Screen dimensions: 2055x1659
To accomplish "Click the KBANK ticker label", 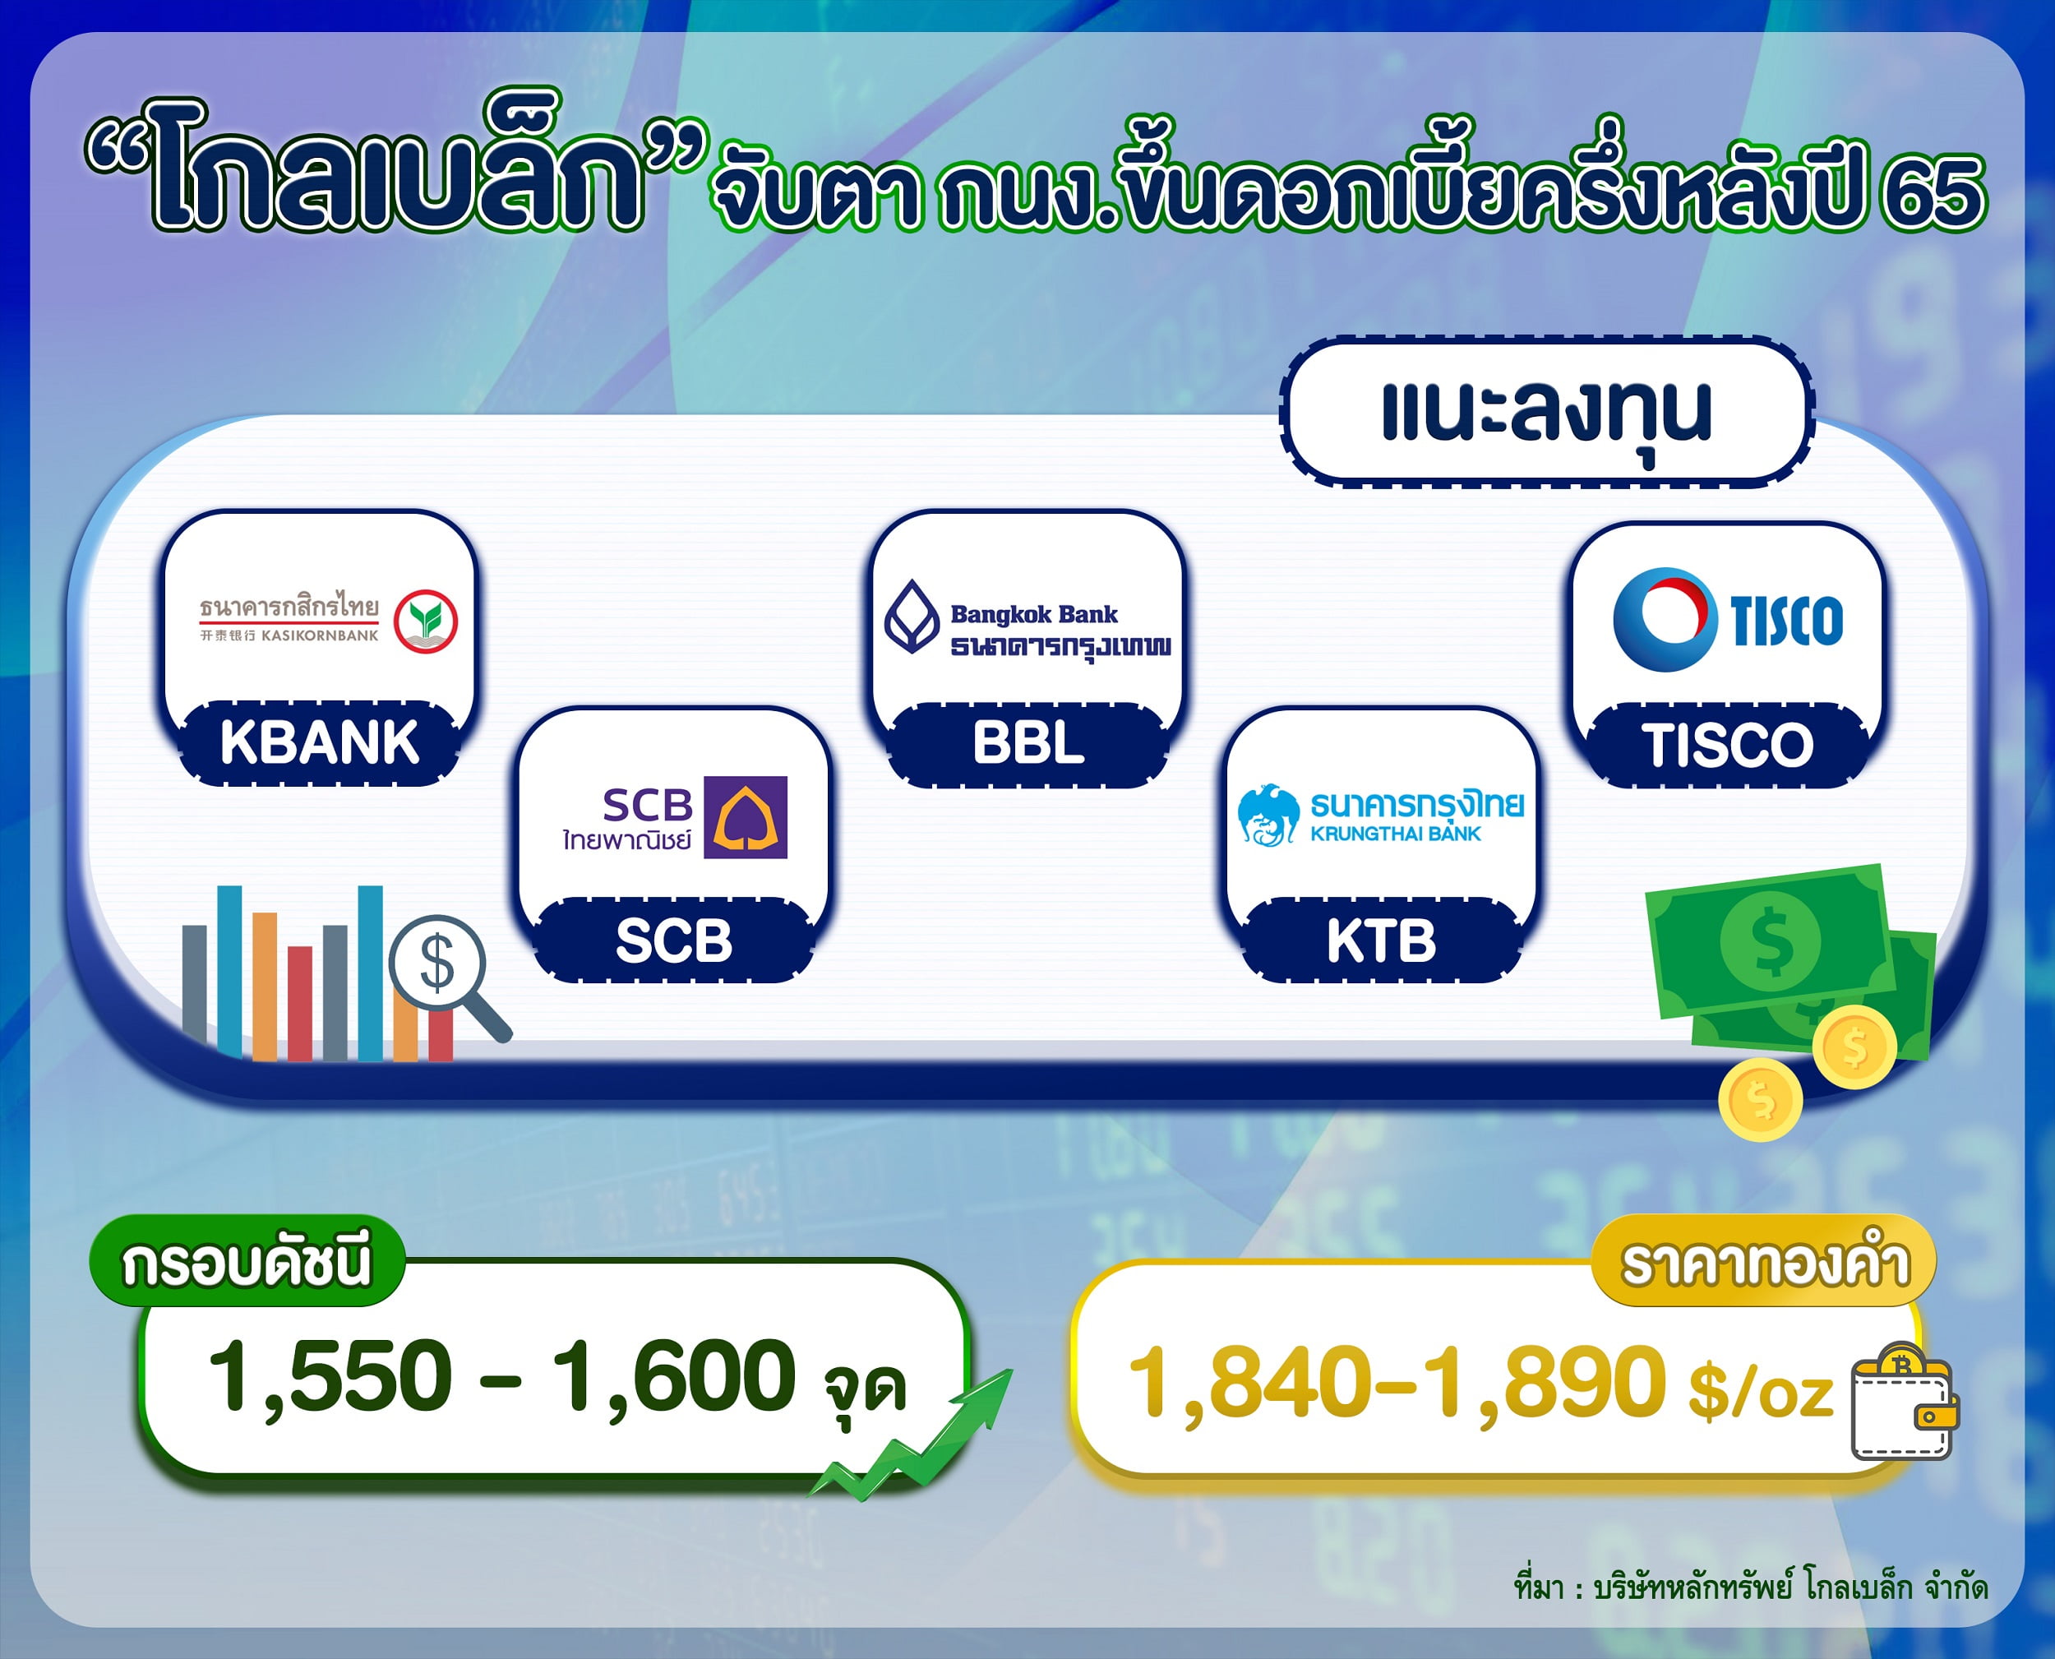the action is click(319, 742).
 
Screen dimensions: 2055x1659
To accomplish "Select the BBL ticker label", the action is click(1028, 743).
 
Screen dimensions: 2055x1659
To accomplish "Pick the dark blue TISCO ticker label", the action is click(1727, 745).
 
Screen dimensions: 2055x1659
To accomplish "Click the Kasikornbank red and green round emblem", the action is click(426, 622).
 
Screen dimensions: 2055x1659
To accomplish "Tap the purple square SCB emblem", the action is click(746, 817).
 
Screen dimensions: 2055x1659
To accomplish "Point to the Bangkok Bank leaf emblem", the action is click(912, 617).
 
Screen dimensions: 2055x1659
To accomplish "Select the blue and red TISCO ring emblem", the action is click(1663, 619).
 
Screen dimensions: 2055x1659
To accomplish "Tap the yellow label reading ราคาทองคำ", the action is click(1765, 1260).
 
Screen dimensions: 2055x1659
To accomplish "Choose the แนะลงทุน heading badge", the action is click(1546, 412).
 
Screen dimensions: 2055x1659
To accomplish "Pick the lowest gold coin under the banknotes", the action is click(1760, 1101).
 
